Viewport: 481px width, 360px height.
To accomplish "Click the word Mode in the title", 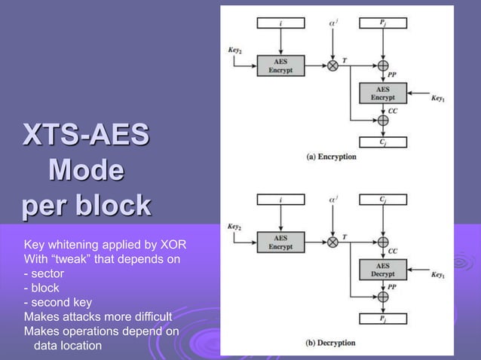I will [85, 171].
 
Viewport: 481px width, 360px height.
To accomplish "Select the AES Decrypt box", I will [382, 268].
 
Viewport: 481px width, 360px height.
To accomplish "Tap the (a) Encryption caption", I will [331, 157].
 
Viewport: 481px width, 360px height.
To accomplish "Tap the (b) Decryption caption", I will [331, 343].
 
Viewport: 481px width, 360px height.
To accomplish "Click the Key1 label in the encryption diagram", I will [437, 98].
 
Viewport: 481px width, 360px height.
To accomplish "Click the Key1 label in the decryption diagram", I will [437, 276].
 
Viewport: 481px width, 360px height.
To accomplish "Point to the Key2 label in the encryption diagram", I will [234, 50].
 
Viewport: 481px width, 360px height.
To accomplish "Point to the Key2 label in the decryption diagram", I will [234, 226].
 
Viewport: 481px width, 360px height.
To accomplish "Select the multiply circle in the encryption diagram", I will [332, 66].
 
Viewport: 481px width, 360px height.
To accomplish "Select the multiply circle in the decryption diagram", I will [332, 243].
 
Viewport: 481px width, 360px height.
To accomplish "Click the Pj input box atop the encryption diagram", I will [382, 23].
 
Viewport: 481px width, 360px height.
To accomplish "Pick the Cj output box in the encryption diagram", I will [382, 142].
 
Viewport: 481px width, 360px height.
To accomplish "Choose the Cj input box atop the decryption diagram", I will [382, 200].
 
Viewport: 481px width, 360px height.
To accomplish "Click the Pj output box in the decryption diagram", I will [382, 319].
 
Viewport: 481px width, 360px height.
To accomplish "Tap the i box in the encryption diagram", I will [280, 23].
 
